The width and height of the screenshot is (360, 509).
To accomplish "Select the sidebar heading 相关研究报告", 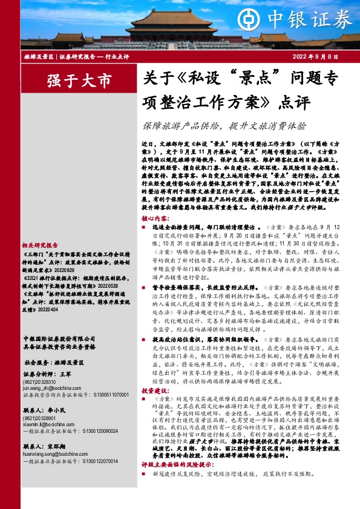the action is coord(41,245).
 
